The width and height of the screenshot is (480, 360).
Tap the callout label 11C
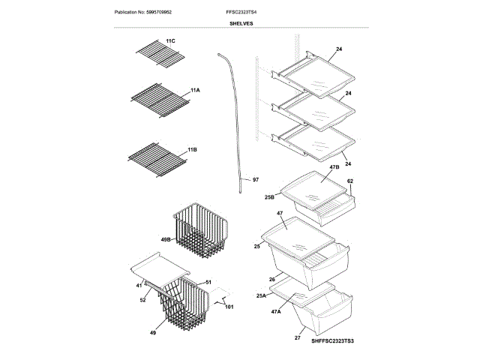(170, 40)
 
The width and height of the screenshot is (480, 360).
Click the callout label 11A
(195, 90)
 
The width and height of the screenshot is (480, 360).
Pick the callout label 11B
(192, 150)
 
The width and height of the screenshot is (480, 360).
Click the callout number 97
(255, 180)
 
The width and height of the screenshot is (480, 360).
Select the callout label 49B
(165, 240)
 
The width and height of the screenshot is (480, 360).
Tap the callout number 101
(229, 306)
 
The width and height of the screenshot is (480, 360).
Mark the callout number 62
(349, 181)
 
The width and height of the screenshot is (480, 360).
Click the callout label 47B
(334, 167)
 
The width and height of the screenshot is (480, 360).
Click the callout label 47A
(276, 311)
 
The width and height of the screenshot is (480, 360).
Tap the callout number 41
(139, 285)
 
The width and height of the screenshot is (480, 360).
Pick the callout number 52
(142, 300)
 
